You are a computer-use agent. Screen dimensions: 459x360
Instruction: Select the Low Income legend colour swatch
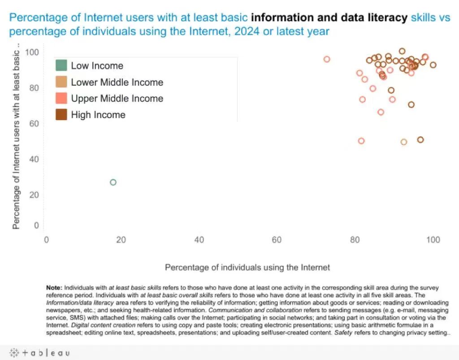tap(61, 65)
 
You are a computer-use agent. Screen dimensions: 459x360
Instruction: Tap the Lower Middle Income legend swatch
tap(61, 82)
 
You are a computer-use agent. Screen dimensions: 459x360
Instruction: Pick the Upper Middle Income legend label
tap(117, 98)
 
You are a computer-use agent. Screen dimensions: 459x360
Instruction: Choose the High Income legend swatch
tap(61, 114)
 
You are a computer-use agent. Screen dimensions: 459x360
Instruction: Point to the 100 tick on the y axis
tap(32, 52)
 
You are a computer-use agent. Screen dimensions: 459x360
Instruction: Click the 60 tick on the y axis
tap(34, 124)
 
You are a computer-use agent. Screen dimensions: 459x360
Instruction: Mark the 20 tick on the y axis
tap(34, 195)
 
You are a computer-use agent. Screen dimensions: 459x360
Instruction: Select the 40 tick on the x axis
tap(199, 240)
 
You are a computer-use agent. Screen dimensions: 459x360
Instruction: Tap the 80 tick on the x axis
tap(355, 240)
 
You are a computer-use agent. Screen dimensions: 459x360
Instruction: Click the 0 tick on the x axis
tap(46, 240)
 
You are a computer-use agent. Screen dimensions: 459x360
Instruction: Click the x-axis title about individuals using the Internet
tap(247, 267)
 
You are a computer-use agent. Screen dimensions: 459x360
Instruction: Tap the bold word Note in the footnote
tap(54, 288)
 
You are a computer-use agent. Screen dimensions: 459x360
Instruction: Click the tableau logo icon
tap(14, 353)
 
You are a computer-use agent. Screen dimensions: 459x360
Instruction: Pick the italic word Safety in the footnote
tap(343, 333)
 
